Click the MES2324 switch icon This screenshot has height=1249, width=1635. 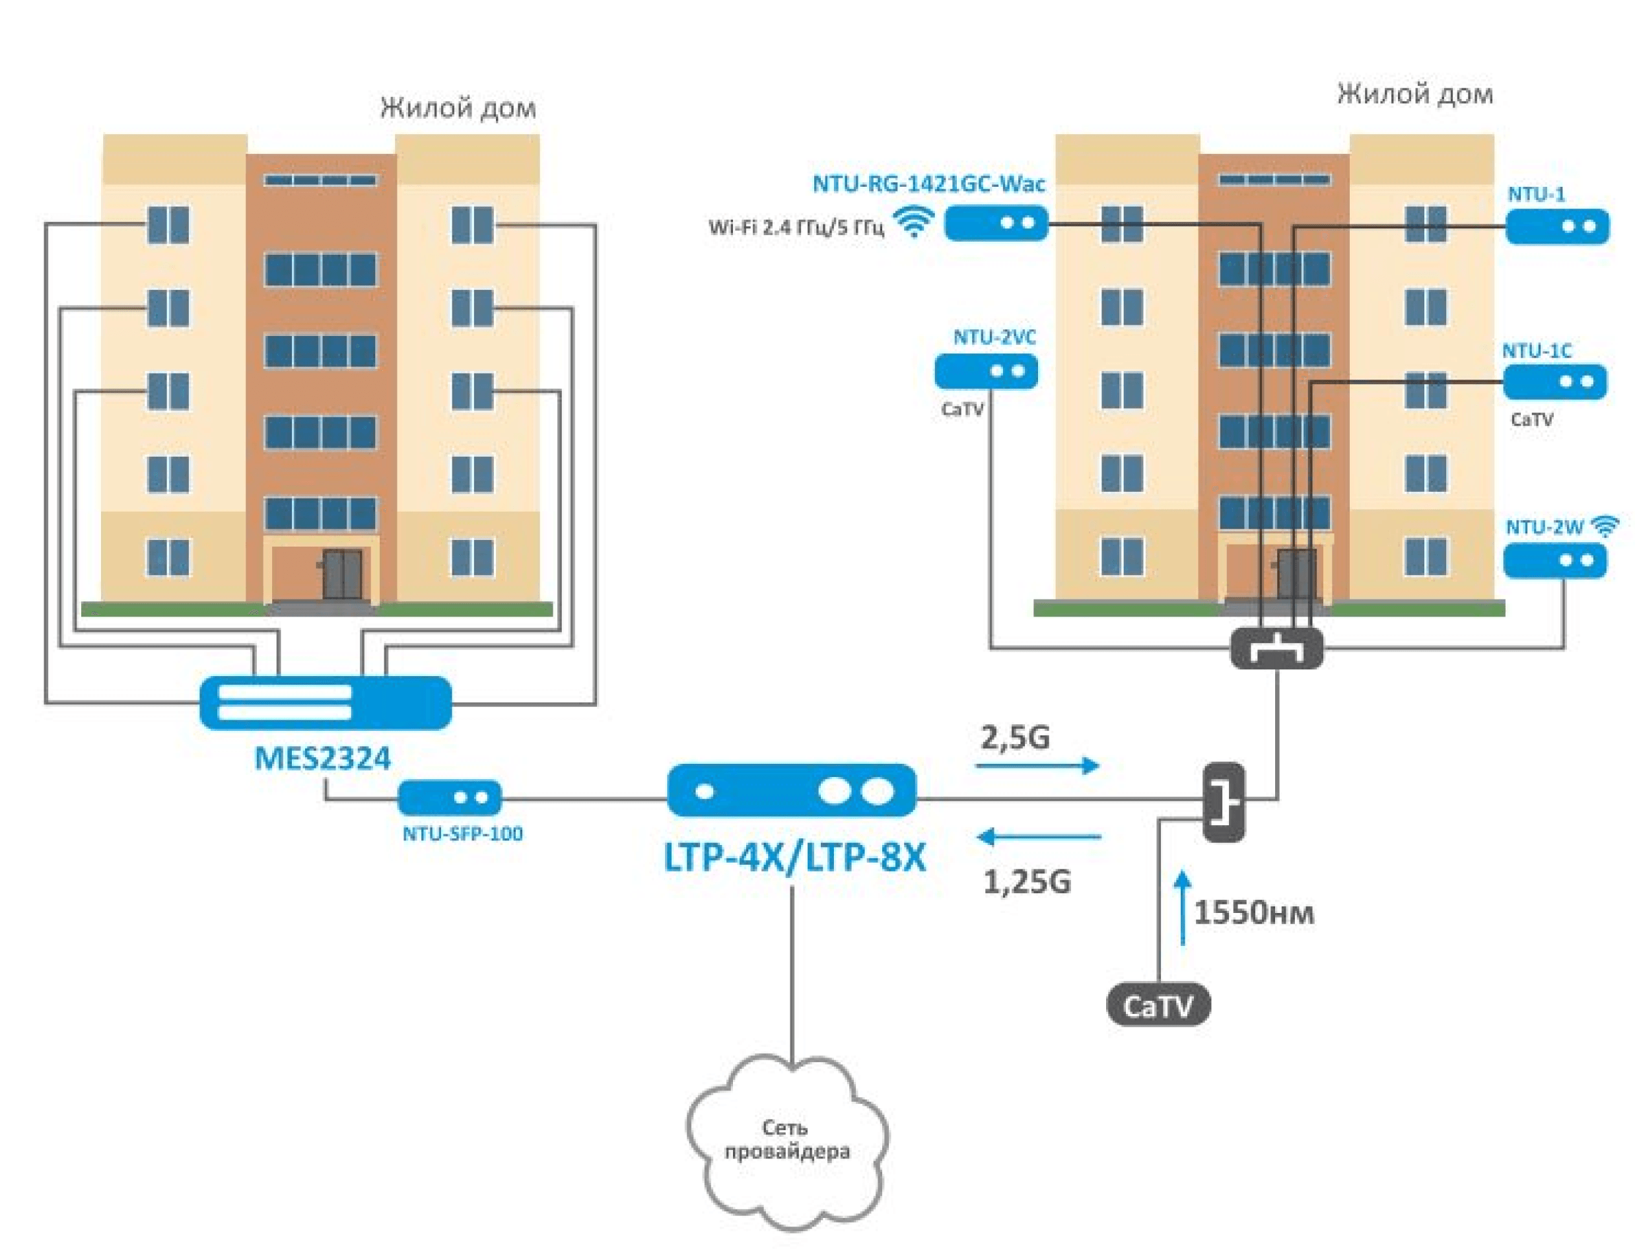pyautogui.click(x=325, y=702)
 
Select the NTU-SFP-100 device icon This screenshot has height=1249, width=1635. pyautogui.click(x=450, y=797)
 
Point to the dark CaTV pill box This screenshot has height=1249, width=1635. pyautogui.click(x=1158, y=1006)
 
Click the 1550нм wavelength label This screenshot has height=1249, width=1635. pyautogui.click(x=1253, y=913)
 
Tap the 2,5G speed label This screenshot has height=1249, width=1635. pyautogui.click(x=1015, y=738)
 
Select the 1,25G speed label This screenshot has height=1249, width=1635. pyautogui.click(x=1027, y=882)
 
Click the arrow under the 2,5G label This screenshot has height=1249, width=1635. pyautogui.click(x=1037, y=766)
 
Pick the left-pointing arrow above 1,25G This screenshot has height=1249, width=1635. pyautogui.click(x=1039, y=837)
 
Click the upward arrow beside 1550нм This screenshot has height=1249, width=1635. pyautogui.click(x=1183, y=908)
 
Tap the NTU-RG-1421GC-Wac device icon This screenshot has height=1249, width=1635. pyautogui.click(x=996, y=223)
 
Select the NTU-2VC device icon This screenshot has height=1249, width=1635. pyautogui.click(x=986, y=371)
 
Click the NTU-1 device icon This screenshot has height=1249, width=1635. pyautogui.click(x=1557, y=226)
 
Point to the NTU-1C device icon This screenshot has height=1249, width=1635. pyautogui.click(x=1554, y=382)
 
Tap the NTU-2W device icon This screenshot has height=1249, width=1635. pyautogui.click(x=1554, y=560)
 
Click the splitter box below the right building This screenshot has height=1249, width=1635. pyautogui.click(x=1276, y=648)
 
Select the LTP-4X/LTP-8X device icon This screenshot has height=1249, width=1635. pyautogui.click(x=792, y=790)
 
